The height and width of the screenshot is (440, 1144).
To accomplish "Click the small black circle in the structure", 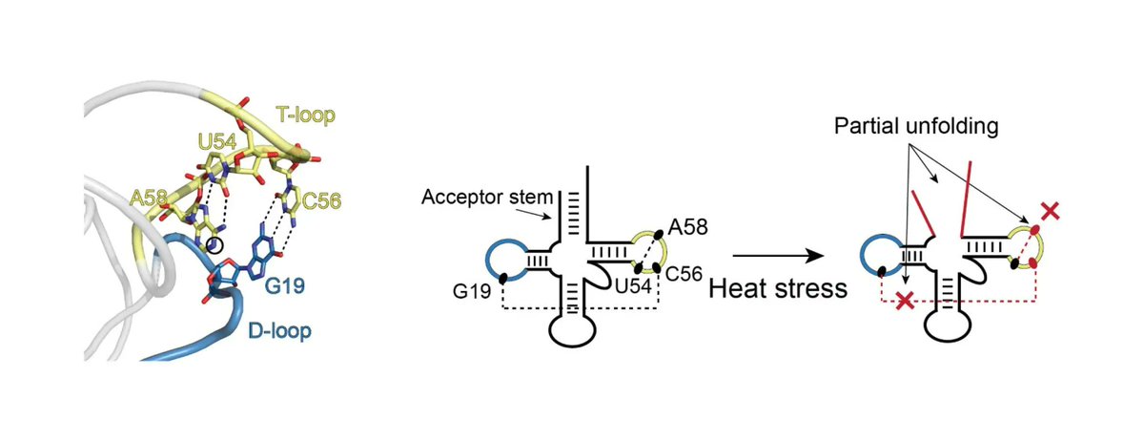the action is click(x=216, y=245).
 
